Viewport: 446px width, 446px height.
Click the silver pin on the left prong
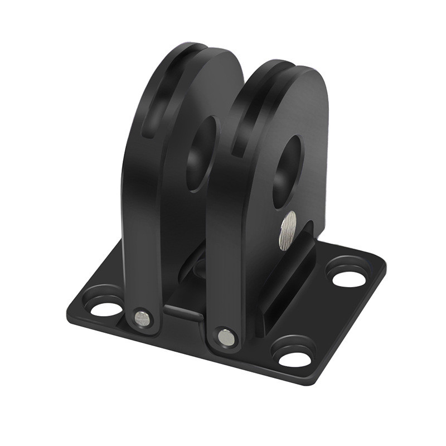[x=142, y=319]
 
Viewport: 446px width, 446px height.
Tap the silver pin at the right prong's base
[x=226, y=337]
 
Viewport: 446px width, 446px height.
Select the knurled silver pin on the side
[x=288, y=230]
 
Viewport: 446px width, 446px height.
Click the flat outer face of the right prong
[x=312, y=139]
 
